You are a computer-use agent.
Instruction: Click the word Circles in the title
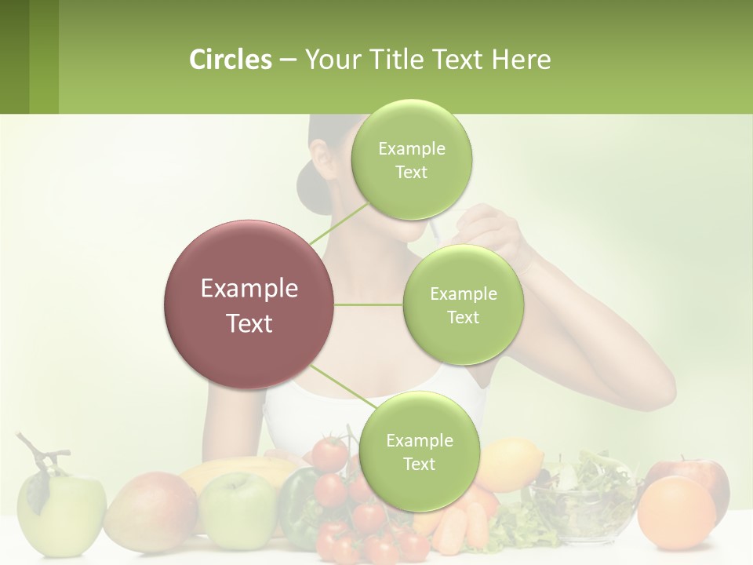click(230, 60)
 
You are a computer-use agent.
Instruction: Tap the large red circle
click(249, 305)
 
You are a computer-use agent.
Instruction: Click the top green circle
click(411, 160)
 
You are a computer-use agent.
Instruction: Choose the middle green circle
click(463, 305)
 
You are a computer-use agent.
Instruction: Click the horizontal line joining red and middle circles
click(369, 304)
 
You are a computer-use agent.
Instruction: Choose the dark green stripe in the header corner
click(14, 56)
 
